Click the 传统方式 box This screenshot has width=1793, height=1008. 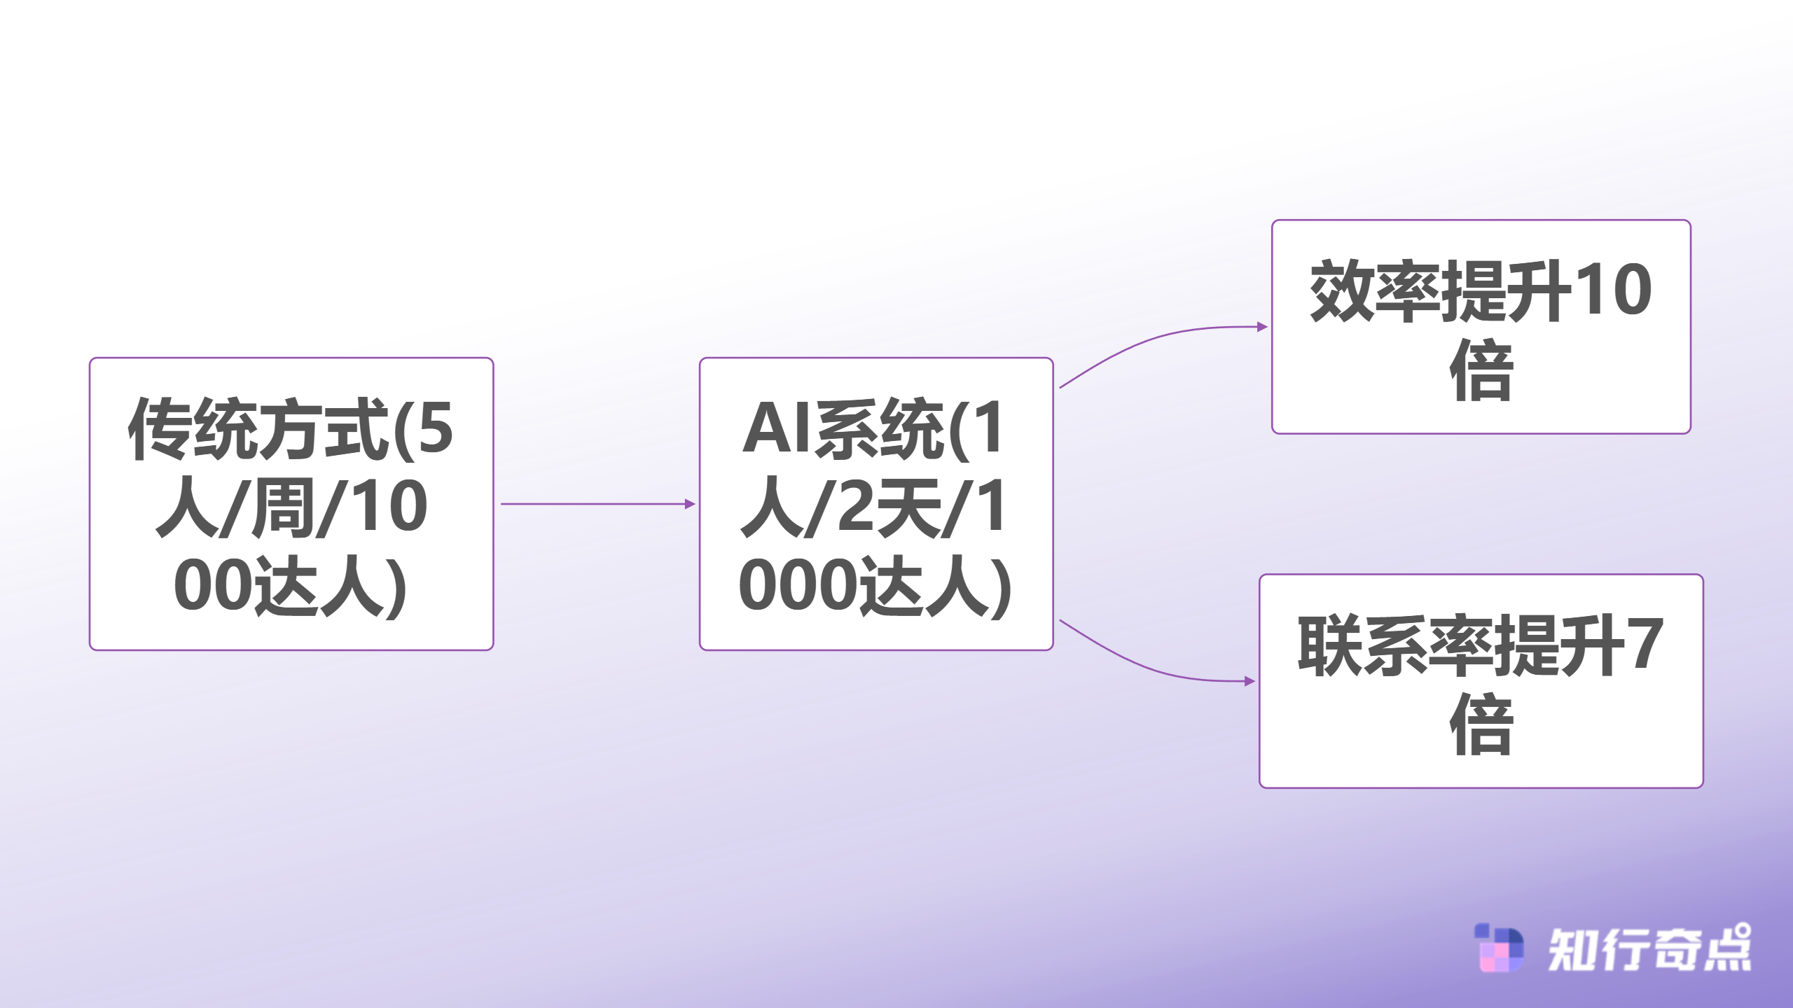point(291,504)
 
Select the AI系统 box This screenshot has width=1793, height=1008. point(875,504)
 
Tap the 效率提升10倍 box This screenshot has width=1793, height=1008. point(1481,327)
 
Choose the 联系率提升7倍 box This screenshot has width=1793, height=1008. point(1481,681)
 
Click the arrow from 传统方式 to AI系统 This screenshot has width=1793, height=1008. point(595,504)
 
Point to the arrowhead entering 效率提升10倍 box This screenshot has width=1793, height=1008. point(1262,327)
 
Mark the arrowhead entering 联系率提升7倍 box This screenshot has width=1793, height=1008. point(1249,681)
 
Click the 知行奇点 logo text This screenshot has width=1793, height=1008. point(1649,950)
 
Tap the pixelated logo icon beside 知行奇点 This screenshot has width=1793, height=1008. point(1499,948)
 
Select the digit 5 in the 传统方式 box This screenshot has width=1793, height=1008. point(434,428)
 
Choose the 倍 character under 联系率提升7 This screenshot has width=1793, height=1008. point(1481,724)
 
